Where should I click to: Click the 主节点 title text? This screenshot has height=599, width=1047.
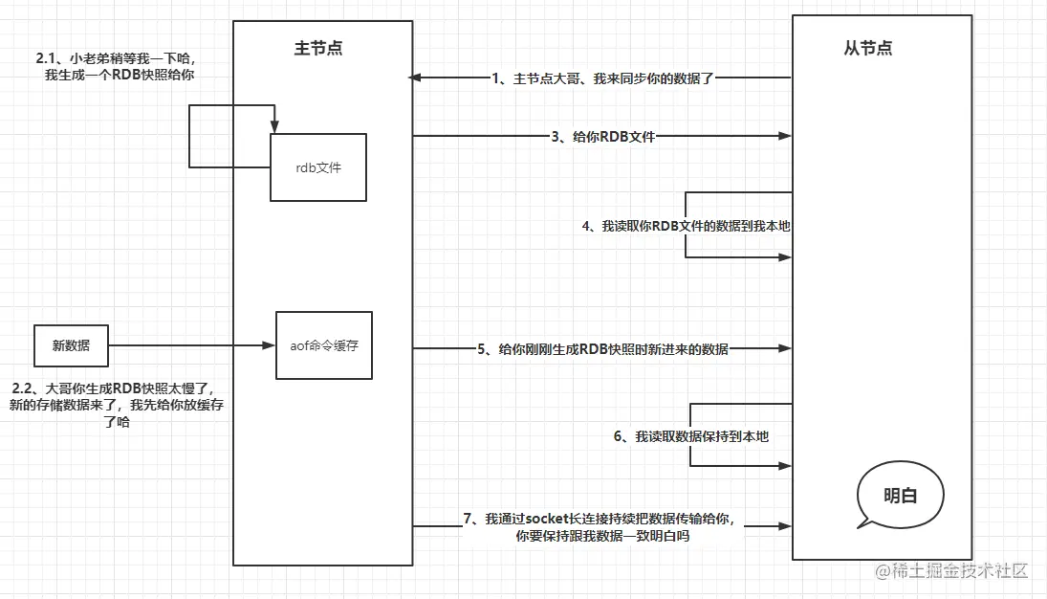tap(322, 48)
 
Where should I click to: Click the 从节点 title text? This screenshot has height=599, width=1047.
tap(868, 48)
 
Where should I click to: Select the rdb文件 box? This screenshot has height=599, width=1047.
tap(318, 167)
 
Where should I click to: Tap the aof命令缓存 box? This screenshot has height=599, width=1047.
tap(323, 345)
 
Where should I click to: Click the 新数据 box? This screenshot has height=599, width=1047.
tap(71, 345)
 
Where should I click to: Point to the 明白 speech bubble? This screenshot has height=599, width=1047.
tap(899, 496)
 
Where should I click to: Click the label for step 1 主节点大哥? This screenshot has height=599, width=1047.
tap(602, 78)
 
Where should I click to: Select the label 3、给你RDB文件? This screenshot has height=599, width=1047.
tap(602, 137)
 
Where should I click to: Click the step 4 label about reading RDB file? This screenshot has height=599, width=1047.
tap(686, 226)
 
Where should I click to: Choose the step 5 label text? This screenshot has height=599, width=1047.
tap(602, 349)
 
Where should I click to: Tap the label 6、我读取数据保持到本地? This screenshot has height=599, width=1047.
tap(690, 436)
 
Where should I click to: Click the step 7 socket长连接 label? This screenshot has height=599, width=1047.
tap(602, 527)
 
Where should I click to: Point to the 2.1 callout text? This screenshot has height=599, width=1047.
tap(120, 66)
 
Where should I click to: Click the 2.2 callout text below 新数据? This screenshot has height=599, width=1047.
tap(117, 405)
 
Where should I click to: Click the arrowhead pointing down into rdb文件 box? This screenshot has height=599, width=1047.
tap(274, 128)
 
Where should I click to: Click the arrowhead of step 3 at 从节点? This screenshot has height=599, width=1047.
tap(785, 137)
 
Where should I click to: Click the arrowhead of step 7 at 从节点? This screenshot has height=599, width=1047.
tap(785, 526)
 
